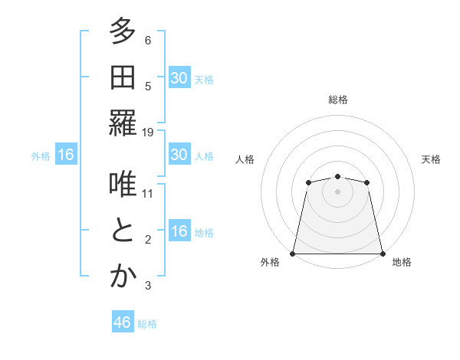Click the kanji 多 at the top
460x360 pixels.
click(123, 33)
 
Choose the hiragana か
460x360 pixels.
click(123, 277)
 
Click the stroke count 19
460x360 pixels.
click(148, 132)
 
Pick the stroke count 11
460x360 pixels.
click(148, 193)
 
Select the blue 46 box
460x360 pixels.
click(123, 322)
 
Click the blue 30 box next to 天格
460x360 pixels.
click(179, 78)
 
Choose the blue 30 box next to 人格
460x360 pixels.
click(179, 155)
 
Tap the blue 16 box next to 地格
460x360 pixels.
click(179, 232)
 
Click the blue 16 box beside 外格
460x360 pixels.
click(66, 155)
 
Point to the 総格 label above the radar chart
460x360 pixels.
click(338, 100)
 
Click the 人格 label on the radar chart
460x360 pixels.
click(245, 159)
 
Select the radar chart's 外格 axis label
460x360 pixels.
click(270, 263)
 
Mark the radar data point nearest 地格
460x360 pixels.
click(383, 254)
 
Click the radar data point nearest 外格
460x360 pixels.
click(293, 254)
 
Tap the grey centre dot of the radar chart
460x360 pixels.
click(337, 191)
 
